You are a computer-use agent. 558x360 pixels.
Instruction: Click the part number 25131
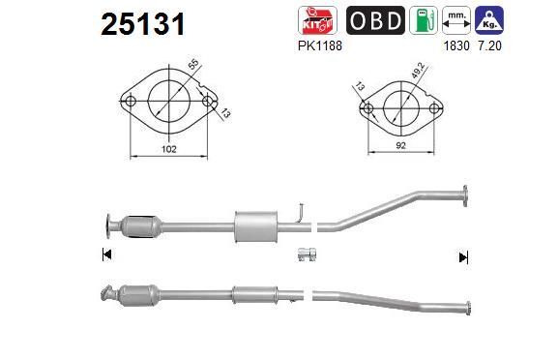coord(143,24)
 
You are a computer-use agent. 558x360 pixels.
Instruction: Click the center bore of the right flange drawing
coord(398,105)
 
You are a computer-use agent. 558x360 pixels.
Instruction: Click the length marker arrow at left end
coord(105,255)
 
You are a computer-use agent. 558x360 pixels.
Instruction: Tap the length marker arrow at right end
coord(464,256)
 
